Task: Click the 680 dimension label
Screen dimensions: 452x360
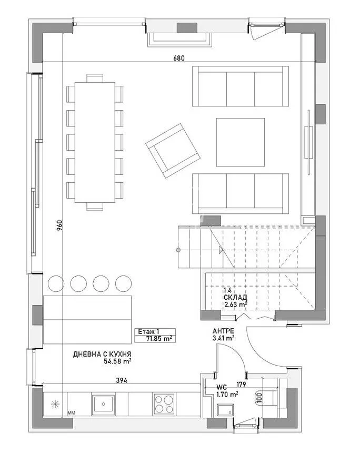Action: coord(179,58)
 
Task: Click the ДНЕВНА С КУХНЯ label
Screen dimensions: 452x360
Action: coord(102,354)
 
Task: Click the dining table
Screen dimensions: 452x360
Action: coord(95,142)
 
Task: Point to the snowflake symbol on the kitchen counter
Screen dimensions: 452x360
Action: coord(54,405)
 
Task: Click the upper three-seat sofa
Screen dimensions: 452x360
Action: coord(240,86)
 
